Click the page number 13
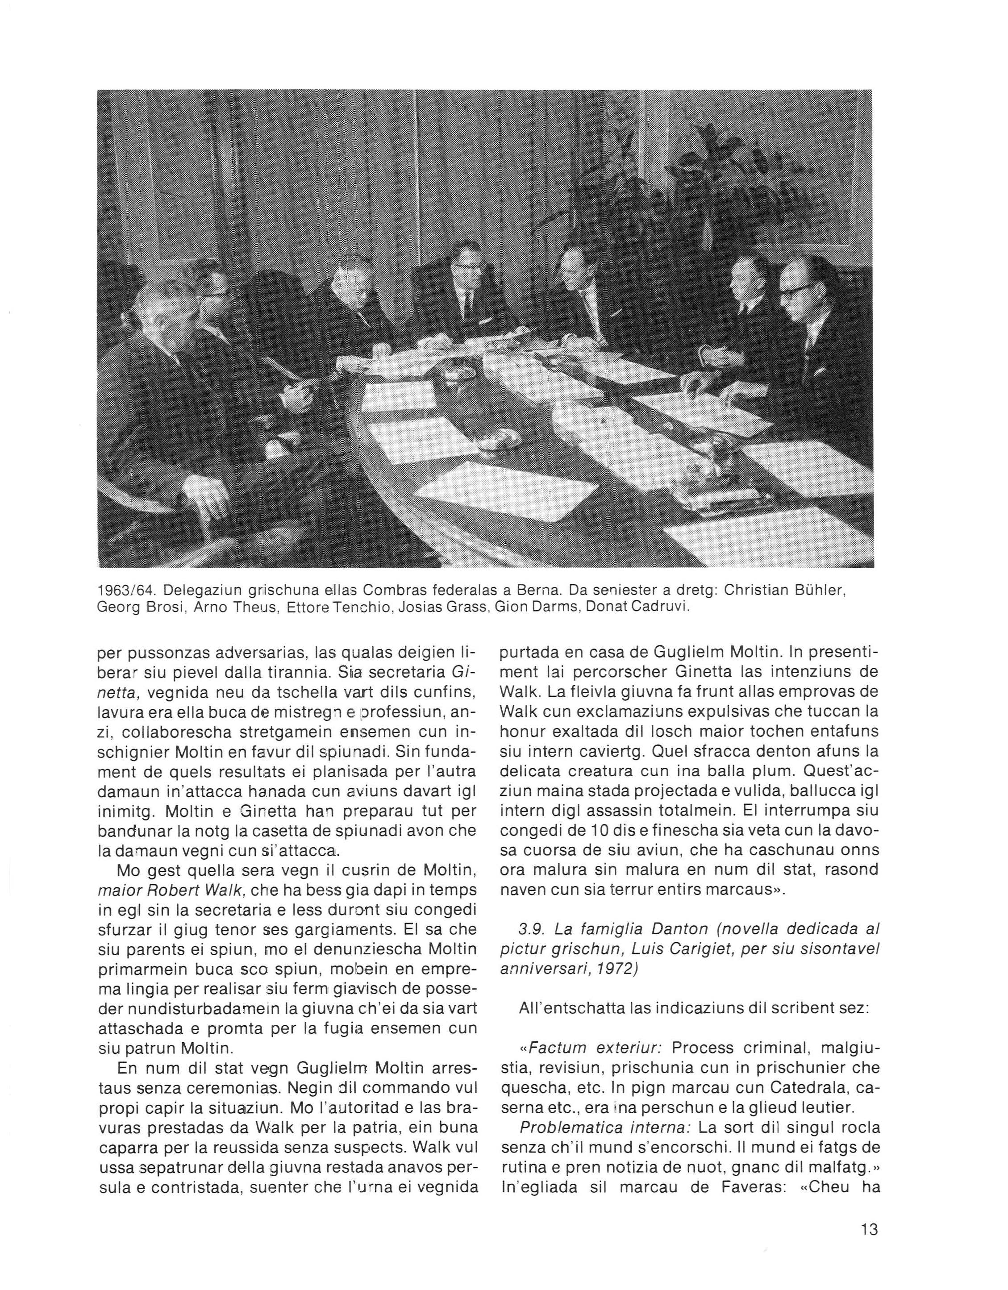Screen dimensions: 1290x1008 (x=870, y=1230)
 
